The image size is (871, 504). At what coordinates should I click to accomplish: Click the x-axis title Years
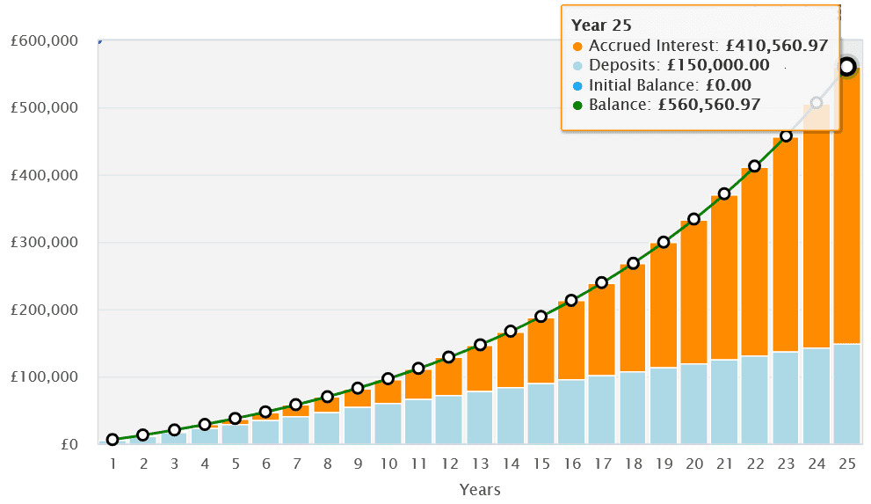point(480,489)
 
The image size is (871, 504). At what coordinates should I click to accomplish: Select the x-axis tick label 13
point(480,463)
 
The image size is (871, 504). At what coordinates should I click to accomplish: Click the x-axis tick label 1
point(113,463)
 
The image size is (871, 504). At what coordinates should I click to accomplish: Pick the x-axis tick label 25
point(847,463)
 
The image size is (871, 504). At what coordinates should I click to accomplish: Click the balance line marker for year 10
point(388,379)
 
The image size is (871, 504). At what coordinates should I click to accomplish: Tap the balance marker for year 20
point(693,219)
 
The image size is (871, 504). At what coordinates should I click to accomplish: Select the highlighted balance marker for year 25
point(847,67)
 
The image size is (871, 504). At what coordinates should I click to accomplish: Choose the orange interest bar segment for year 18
point(632,318)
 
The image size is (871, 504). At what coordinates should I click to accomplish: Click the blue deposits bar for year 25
point(847,393)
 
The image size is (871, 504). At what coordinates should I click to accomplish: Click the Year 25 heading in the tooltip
point(602,25)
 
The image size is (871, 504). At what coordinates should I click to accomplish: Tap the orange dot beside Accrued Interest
point(577,47)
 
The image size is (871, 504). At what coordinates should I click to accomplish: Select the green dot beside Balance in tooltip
point(577,106)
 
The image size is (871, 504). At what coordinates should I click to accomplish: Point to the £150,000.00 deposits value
point(719,66)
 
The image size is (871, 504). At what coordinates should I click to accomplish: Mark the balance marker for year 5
point(235,419)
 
